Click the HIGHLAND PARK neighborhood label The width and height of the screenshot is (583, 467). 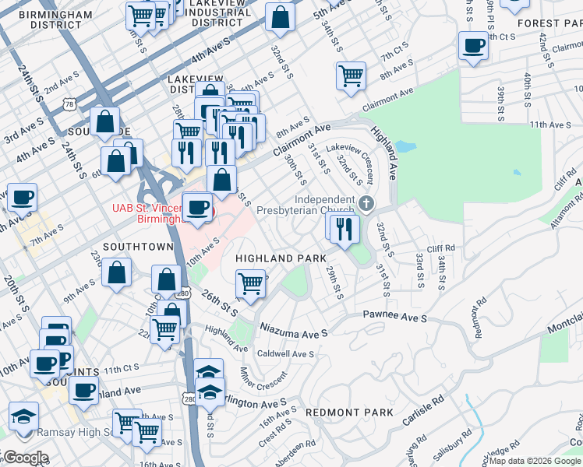click(x=281, y=258)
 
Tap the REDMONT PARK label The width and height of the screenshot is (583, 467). click(x=345, y=411)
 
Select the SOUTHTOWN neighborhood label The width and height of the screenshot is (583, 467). click(x=137, y=247)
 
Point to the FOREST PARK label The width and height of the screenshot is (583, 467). click(x=549, y=23)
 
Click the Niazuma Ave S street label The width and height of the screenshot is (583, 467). click(x=294, y=331)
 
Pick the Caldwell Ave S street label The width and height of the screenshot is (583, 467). click(x=284, y=353)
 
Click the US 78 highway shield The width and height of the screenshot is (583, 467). click(x=71, y=103)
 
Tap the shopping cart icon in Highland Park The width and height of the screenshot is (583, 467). click(x=250, y=283)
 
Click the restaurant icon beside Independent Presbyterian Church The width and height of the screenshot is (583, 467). click(x=342, y=227)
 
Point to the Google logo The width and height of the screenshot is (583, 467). click(x=25, y=458)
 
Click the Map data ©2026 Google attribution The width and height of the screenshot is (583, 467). click(x=535, y=461)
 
